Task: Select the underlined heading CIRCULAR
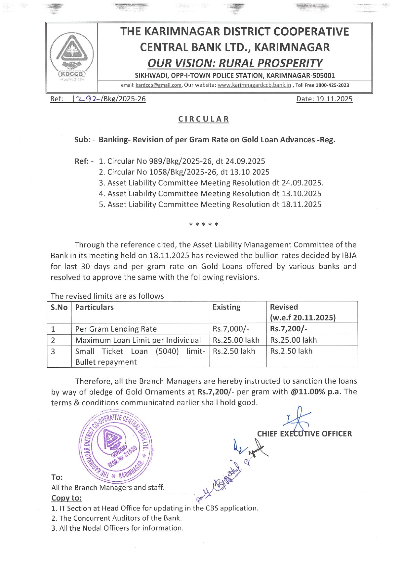[x=204, y=119]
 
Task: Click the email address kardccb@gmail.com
[x=158, y=85]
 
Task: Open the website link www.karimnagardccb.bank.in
[x=254, y=85]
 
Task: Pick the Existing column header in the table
[x=226, y=307]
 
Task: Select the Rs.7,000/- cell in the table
[x=231, y=329]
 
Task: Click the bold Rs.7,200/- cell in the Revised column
[x=288, y=329]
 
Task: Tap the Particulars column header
[x=94, y=307]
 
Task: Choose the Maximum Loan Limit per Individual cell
[x=138, y=340]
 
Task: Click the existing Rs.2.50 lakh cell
[x=234, y=351]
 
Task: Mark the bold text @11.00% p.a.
[x=316, y=392]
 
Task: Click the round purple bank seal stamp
[x=115, y=446]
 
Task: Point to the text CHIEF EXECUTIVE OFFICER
[x=304, y=434]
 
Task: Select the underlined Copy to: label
[x=67, y=498]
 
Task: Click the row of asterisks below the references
[x=204, y=224]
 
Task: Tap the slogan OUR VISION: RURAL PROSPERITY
[x=234, y=63]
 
